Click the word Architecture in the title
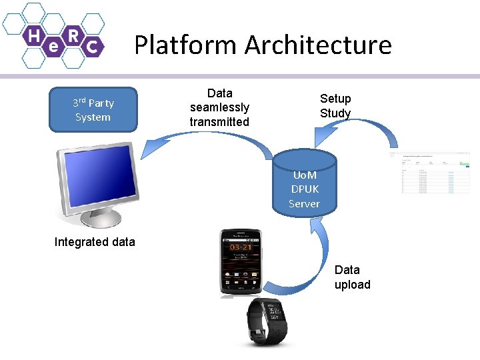(318, 45)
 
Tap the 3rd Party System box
(93, 110)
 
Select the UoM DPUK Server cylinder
(304, 187)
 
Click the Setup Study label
(335, 106)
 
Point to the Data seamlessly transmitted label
(219, 107)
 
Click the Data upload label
(352, 277)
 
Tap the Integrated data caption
(95, 242)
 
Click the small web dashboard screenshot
(435, 173)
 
